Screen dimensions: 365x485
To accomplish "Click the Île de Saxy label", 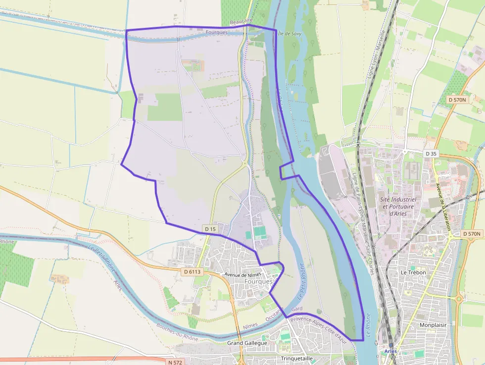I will point(290,34).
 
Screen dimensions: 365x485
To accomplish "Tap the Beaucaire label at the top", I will point(241,22).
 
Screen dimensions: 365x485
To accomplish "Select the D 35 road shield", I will point(431,154).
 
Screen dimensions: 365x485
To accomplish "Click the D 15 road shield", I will point(210,229).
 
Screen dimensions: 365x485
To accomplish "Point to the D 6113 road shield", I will point(192,271).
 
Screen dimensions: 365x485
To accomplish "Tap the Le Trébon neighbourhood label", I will point(413,272).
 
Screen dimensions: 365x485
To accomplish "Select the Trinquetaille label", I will point(297,358).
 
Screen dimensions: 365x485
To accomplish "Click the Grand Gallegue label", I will point(247,343).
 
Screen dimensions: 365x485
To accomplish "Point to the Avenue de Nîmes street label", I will point(242,274).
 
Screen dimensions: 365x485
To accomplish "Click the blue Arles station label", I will point(390,351).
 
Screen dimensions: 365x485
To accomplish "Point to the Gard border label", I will point(297,309).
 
